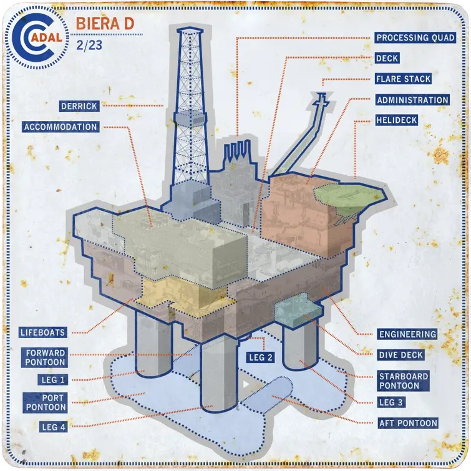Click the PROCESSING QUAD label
click(415, 37)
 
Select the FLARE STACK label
click(403, 79)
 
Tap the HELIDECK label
click(397, 120)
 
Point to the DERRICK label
click(79, 106)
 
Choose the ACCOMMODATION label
click(61, 127)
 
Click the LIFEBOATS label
click(42, 333)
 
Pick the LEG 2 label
click(260, 357)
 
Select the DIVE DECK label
click(401, 355)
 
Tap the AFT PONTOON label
click(408, 423)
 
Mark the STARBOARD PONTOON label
click(403, 381)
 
